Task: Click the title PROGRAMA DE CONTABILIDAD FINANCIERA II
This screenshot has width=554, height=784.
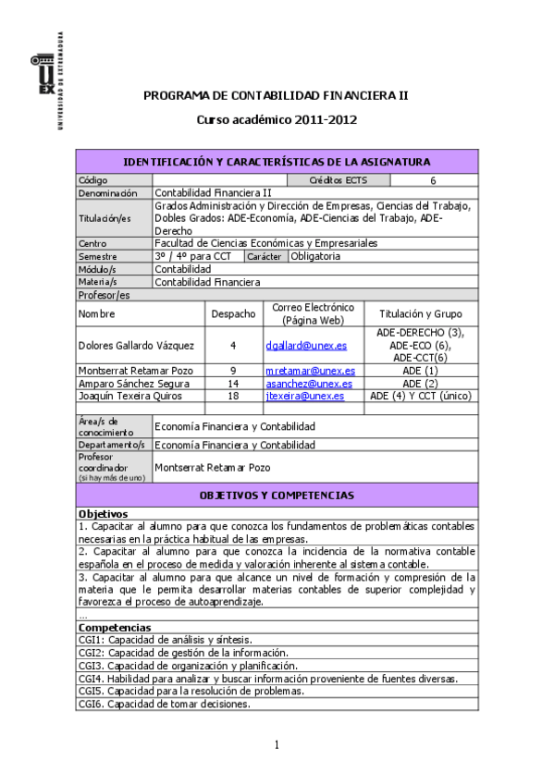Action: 277,95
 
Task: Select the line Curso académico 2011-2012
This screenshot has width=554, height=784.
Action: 277,120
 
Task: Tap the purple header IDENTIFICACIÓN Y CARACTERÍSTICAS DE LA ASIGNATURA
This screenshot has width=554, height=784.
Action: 277,162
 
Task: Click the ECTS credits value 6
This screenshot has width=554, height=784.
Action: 432,180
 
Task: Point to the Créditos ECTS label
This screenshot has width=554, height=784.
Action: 339,180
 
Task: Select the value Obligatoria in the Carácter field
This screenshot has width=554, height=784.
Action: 315,256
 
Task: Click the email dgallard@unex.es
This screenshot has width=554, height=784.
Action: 306,345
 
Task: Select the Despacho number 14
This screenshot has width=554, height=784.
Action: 233,383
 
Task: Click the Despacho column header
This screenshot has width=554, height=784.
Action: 233,314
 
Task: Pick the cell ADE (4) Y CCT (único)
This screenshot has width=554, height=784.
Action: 421,396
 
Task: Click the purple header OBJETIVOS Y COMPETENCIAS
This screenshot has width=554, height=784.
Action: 277,496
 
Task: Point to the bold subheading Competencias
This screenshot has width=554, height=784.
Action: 109,628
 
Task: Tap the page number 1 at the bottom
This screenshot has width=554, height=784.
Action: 277,746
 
